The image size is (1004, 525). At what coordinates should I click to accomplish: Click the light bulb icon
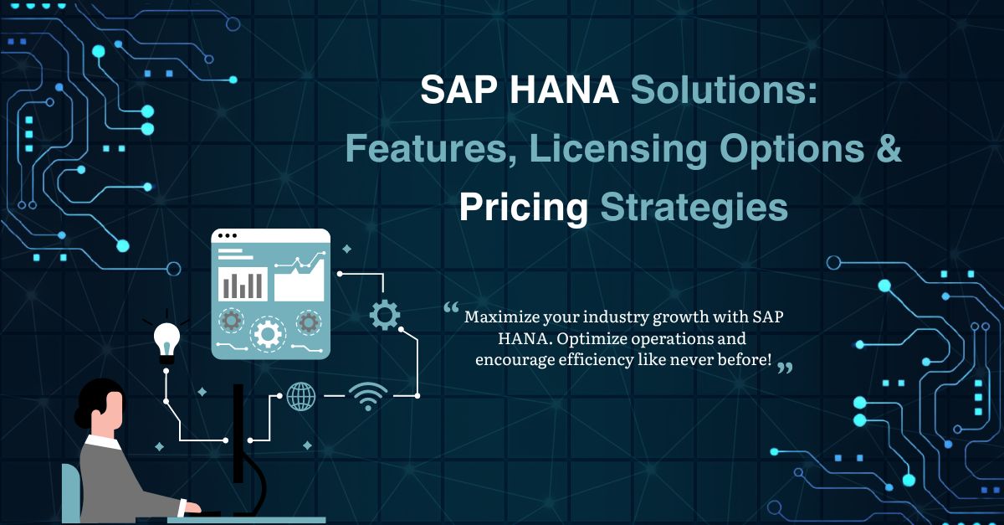166,340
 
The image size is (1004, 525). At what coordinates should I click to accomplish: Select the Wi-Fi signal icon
369,395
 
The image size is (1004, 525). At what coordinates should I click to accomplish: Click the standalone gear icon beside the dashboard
384,315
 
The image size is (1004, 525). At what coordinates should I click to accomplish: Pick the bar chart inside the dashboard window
243,284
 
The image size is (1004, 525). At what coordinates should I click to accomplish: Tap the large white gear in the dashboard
268,333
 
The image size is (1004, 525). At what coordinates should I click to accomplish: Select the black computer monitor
238,435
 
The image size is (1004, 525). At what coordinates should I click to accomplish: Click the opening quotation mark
452,310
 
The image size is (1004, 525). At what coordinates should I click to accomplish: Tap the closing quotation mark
784,368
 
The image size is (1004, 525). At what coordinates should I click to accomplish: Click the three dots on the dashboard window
231,235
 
